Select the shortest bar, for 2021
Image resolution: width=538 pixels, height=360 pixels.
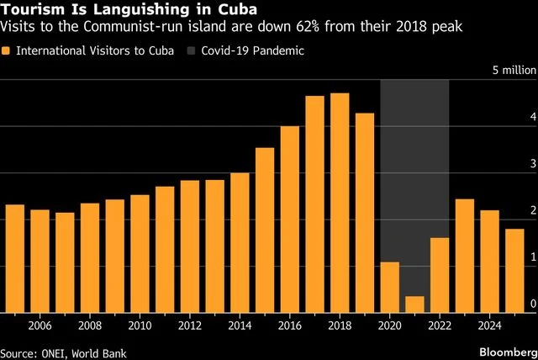(414, 304)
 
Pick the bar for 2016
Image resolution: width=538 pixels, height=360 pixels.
(290, 220)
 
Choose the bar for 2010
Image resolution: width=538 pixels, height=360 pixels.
(140, 253)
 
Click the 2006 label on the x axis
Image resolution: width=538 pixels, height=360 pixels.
(40, 325)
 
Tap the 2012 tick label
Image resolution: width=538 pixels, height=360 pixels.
(190, 325)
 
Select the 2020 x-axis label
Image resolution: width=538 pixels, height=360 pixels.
(389, 325)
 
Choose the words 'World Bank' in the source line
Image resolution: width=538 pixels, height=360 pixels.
(104, 348)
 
